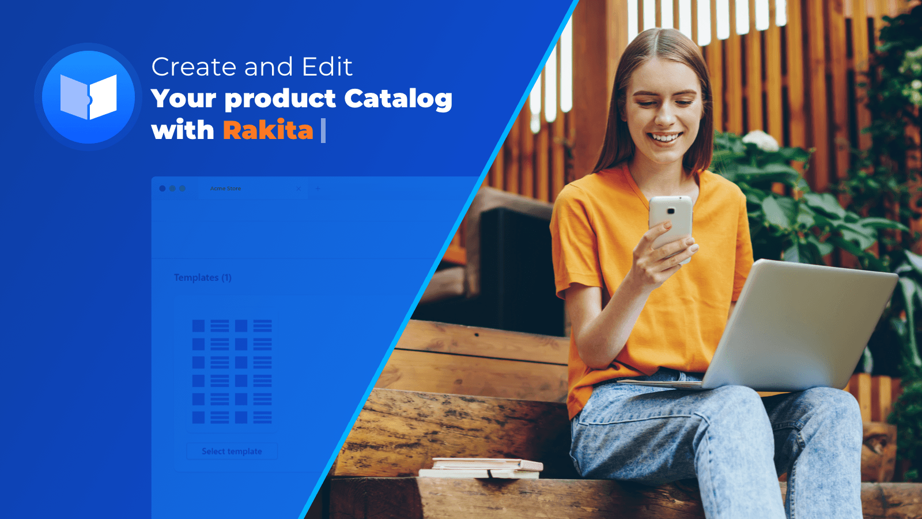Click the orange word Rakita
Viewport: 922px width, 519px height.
click(x=268, y=130)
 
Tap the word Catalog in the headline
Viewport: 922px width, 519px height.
click(x=398, y=99)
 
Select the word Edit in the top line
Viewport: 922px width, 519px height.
click(x=327, y=66)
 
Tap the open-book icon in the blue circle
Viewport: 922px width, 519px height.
click(x=89, y=97)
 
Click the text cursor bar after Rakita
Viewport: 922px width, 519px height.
click(x=323, y=130)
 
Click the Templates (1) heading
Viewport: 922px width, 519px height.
click(x=202, y=277)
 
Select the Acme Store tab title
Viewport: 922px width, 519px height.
click(x=225, y=188)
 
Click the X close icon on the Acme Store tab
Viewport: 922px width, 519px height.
click(x=299, y=189)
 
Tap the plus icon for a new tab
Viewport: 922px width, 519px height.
click(x=318, y=188)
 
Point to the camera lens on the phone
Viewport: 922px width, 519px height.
click(x=671, y=211)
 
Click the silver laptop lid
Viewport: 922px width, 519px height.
click(x=799, y=325)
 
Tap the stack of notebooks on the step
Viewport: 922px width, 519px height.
click(x=481, y=468)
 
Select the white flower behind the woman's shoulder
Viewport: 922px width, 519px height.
click(x=761, y=141)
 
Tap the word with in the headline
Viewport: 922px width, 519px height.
click(x=182, y=130)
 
